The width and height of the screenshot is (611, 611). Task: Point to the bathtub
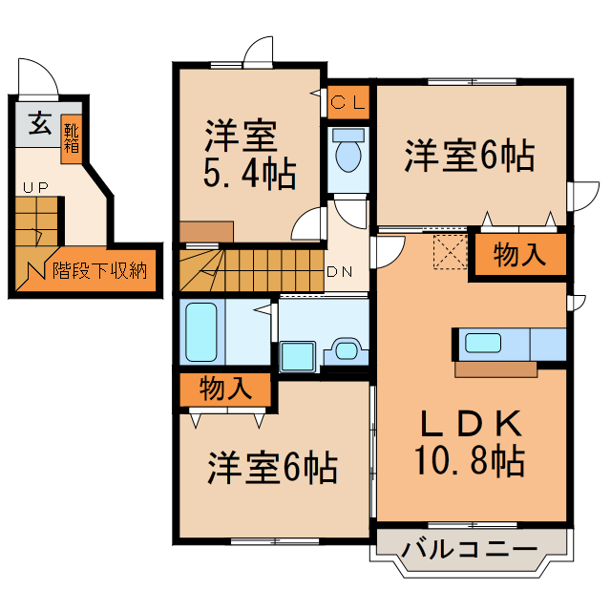tap(201, 331)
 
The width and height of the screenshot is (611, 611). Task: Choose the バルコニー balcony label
tap(469, 550)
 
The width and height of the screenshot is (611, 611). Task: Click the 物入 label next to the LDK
tap(518, 255)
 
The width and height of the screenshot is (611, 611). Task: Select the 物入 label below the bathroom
tap(225, 389)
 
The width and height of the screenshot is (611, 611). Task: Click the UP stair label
tap(36, 187)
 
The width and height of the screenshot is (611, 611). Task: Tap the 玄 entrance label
tap(38, 125)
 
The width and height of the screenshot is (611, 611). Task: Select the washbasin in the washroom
tap(343, 351)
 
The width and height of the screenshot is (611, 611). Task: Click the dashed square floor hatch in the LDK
tap(447, 251)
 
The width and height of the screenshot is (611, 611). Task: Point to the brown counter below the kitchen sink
tap(495, 369)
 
